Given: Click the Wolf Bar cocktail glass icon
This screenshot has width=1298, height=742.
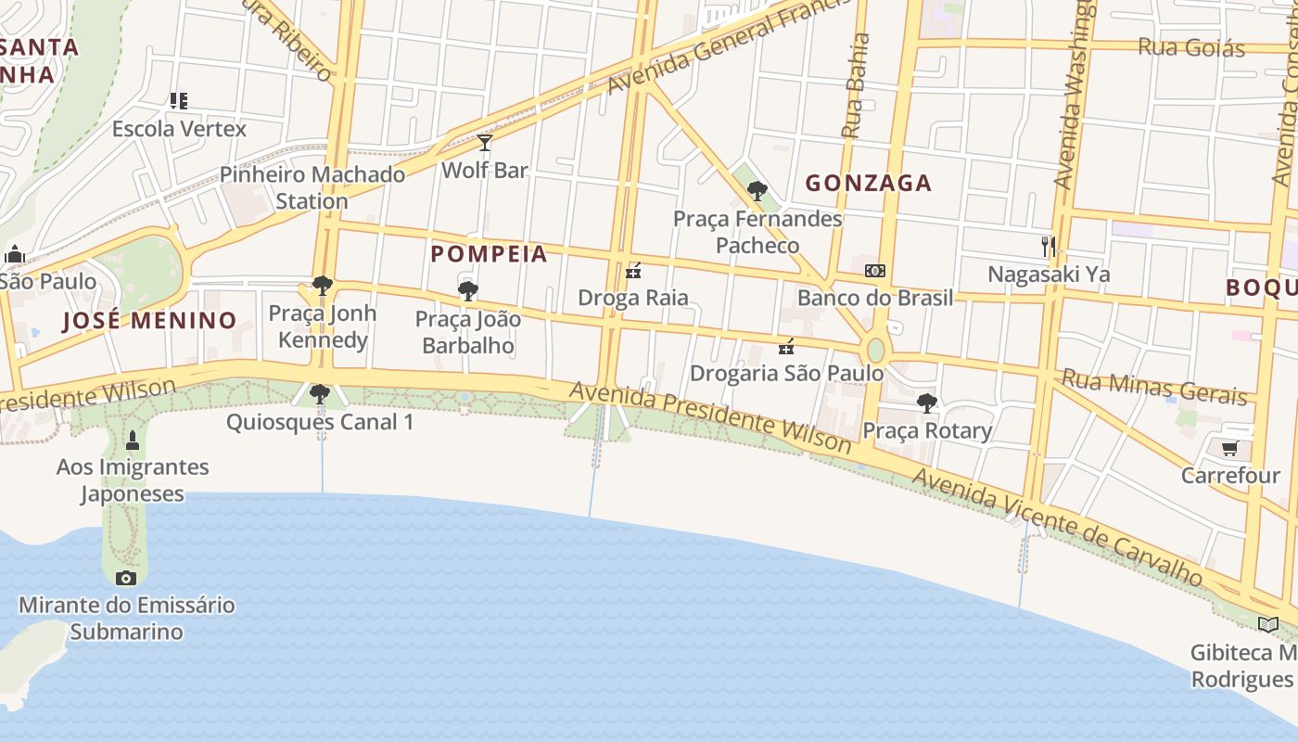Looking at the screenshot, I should coord(484,143).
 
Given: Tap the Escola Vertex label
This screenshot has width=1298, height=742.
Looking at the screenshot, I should coord(179,129).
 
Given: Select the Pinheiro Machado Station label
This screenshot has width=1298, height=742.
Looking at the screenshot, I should coord(312,187).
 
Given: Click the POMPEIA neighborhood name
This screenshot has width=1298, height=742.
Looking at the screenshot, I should coord(489,254).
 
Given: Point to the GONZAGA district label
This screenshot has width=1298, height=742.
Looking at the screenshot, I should coord(868,183).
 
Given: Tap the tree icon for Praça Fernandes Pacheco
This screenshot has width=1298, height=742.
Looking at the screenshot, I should coord(757,192).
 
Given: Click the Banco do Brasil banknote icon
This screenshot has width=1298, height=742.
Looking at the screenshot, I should coord(874,272).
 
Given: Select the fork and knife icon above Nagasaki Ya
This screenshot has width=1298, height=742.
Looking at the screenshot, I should coord(1049,247).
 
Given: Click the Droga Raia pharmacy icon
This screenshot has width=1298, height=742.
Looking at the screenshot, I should coord(634,272).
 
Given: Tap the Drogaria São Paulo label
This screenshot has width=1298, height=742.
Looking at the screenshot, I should coord(786,373).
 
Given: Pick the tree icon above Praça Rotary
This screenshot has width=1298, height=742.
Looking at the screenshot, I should coord(926,403).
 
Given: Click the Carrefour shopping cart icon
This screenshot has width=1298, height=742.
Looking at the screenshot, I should coord(1229,449).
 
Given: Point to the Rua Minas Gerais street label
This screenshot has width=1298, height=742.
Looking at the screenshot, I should coord(1153,388).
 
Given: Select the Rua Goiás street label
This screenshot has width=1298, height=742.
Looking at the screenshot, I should coord(1191,47).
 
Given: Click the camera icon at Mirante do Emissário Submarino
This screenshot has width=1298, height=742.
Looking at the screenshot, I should coord(126,579).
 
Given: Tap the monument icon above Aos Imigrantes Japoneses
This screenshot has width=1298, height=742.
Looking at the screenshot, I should coord(133,440).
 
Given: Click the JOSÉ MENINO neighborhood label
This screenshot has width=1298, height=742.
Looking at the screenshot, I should coord(150,321).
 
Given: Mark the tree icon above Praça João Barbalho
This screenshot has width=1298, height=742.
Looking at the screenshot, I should coord(468,291).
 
